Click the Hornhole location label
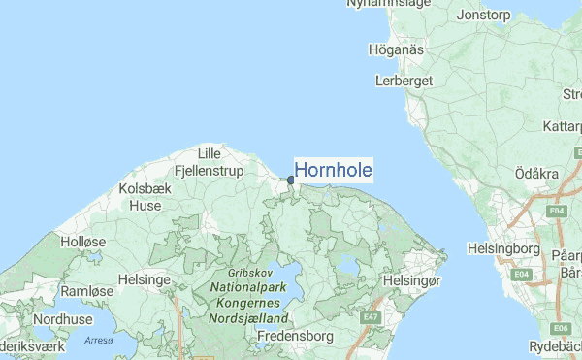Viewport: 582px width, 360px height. click(x=333, y=170)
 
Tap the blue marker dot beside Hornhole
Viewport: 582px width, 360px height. click(x=290, y=180)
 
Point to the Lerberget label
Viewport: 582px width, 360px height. click(x=404, y=81)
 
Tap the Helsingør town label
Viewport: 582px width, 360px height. click(x=413, y=280)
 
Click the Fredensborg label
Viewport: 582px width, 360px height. click(x=296, y=336)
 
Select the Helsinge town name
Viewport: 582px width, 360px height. click(x=144, y=279)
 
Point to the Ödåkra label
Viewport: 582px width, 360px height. click(x=539, y=172)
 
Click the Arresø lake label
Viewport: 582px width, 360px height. click(x=98, y=340)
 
